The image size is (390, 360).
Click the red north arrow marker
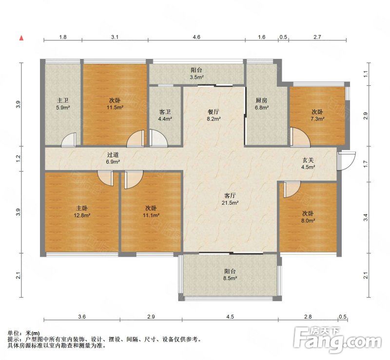[x=21, y=38]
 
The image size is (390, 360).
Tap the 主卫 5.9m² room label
[x=63, y=104]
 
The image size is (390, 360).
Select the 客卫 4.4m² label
[x=165, y=115]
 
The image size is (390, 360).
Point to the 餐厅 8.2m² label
[x=214, y=115]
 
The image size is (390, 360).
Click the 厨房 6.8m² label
[x=262, y=104]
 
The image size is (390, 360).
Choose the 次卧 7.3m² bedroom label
[x=317, y=115]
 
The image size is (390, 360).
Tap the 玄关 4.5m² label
[x=308, y=164]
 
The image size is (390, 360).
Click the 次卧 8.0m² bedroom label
[x=308, y=217]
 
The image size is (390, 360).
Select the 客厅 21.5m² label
[x=230, y=199]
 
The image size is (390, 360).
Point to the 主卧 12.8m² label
[x=82, y=211]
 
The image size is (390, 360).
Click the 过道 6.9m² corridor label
[x=113, y=158]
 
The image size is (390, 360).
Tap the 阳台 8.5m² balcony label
[x=230, y=274]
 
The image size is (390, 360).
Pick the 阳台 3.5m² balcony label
[x=196, y=74]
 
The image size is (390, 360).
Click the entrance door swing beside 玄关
[x=346, y=161]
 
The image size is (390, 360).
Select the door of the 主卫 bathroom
[x=69, y=140]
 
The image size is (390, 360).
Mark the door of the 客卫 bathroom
[x=159, y=139]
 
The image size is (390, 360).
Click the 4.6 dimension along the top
[x=196, y=37]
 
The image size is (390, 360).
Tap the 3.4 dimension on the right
[x=365, y=217]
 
